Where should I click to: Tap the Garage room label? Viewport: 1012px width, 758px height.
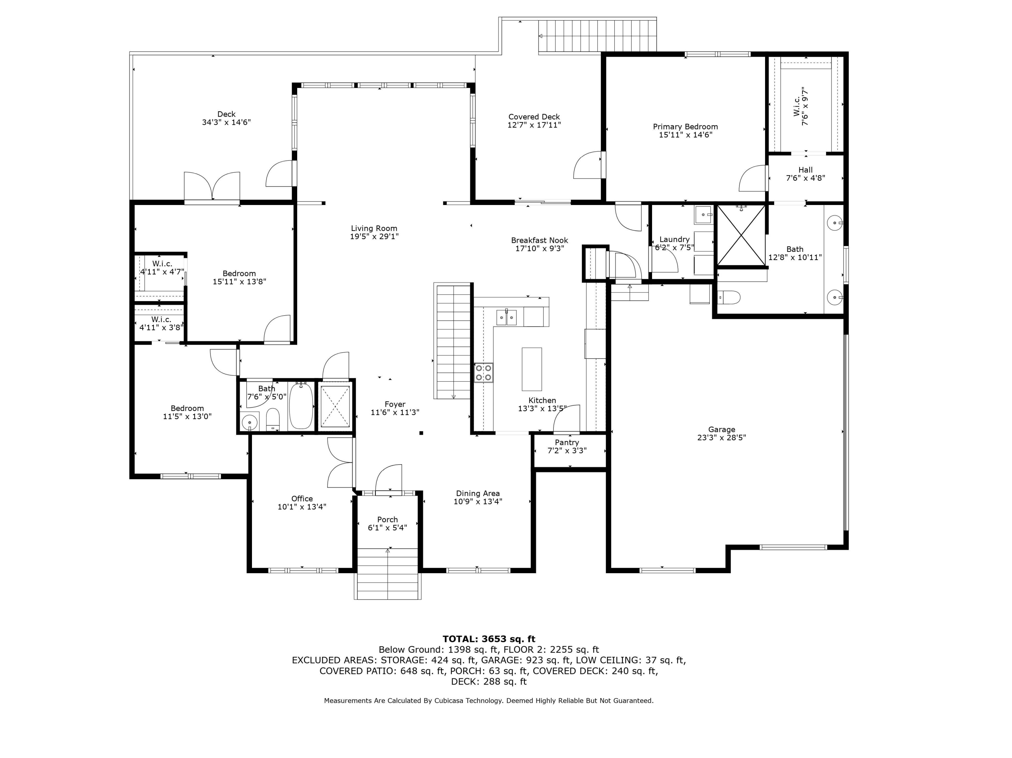pos(722,429)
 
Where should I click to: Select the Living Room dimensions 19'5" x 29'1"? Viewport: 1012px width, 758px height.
pos(374,236)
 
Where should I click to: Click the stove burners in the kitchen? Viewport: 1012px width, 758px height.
pos(484,372)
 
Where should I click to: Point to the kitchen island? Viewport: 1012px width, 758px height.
pos(532,369)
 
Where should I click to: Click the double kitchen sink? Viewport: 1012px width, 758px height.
pos(506,317)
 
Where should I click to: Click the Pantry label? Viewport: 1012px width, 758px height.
pos(567,442)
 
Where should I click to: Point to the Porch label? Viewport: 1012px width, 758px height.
pos(388,519)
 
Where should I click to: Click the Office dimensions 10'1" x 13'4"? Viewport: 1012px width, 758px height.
pos(302,506)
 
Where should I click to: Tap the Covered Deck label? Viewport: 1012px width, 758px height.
pos(534,117)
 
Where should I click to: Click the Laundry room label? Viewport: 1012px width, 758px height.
pos(674,239)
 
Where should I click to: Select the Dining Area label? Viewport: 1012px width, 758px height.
pos(478,493)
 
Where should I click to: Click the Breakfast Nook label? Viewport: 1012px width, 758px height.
pos(539,240)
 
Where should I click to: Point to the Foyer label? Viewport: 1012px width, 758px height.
pos(395,404)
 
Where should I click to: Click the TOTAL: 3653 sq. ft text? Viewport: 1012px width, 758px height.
pos(488,639)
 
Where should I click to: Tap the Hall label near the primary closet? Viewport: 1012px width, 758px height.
pos(806,170)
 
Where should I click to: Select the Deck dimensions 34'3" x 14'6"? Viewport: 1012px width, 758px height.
pos(226,122)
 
